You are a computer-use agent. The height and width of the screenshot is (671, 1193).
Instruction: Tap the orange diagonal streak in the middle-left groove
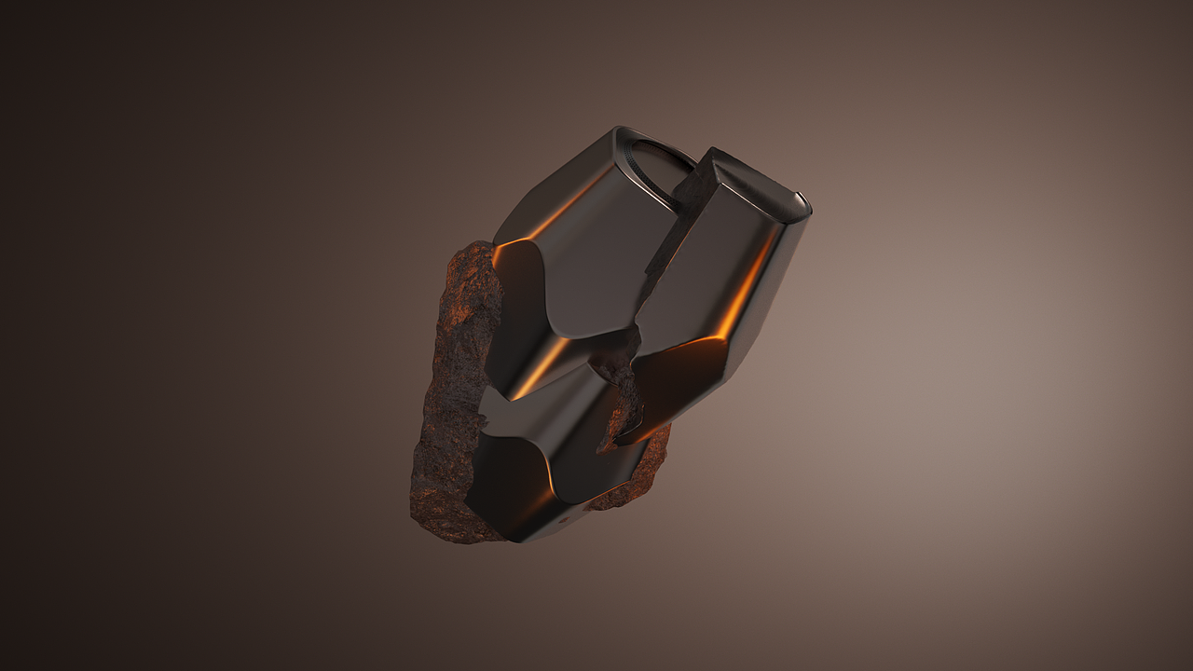click(x=541, y=368)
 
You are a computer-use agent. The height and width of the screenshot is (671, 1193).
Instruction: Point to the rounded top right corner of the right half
click(x=803, y=200)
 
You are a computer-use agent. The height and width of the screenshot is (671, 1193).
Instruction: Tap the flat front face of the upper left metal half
click(x=596, y=252)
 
